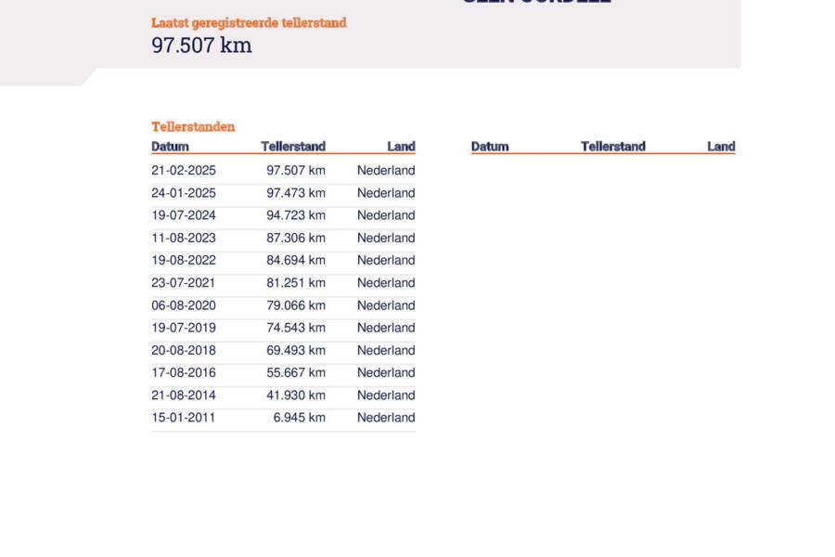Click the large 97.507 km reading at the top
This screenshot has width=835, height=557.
[x=201, y=45]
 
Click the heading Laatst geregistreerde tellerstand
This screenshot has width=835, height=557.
[x=249, y=22]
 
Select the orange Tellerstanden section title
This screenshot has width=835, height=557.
[x=193, y=126]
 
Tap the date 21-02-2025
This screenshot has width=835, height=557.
[x=184, y=171]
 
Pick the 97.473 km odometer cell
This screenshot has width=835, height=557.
[x=296, y=193]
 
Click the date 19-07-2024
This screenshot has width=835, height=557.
[x=184, y=215]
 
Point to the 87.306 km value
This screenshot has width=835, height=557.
[x=296, y=238]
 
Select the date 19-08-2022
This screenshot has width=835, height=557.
[x=184, y=260]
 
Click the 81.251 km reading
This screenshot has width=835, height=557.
[x=296, y=283]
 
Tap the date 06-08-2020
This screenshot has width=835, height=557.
[x=184, y=305]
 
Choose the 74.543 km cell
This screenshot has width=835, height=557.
[x=296, y=328]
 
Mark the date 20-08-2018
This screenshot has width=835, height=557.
[x=184, y=350]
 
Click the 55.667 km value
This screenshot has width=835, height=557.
[x=296, y=372]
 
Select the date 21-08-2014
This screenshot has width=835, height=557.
[x=184, y=395]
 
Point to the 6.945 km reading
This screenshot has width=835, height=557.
[x=300, y=418]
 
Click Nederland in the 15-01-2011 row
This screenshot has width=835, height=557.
[x=386, y=418]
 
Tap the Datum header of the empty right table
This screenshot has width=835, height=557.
[x=490, y=146]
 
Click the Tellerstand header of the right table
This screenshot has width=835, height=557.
[x=612, y=146]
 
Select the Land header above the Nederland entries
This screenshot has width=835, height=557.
[x=401, y=146]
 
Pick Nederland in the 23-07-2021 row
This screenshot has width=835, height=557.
[x=386, y=283]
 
